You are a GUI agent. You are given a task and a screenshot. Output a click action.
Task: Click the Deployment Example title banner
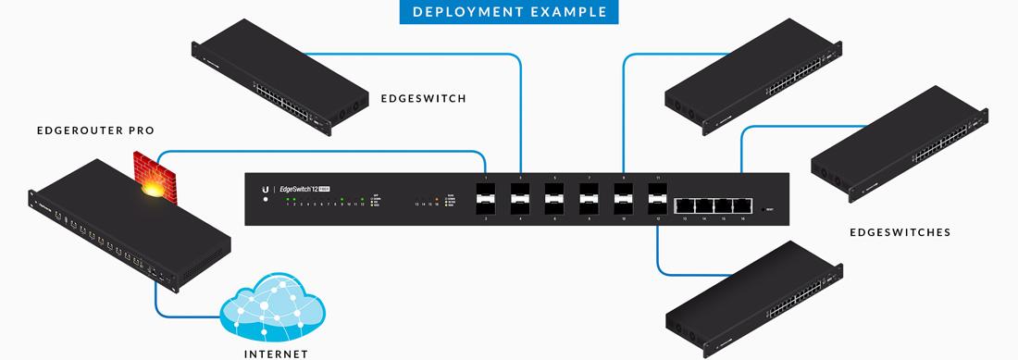tap(509, 12)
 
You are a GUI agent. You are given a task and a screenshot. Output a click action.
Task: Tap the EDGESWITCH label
tap(423, 98)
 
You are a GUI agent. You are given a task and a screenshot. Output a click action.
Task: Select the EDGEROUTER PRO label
tap(94, 131)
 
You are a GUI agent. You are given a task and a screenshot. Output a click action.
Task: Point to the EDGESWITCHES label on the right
tap(900, 232)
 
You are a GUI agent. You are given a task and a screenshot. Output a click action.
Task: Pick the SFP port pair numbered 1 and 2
tap(486, 198)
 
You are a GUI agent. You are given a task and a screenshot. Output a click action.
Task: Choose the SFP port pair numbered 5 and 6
tap(554, 198)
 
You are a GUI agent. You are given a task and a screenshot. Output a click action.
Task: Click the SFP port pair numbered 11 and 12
tap(657, 198)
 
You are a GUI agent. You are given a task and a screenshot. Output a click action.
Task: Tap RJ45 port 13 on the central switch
tap(685, 205)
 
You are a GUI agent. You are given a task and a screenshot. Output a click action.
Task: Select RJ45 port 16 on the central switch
tap(741, 205)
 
